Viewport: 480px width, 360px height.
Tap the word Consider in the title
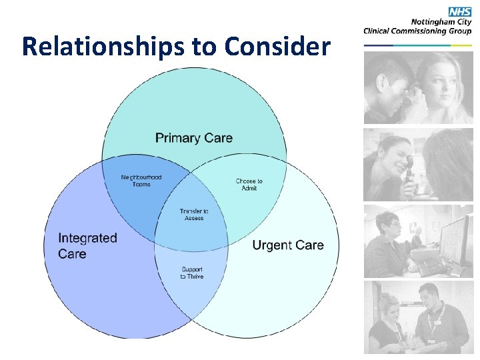coord(277,47)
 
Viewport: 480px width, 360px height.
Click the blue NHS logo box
coord(460,11)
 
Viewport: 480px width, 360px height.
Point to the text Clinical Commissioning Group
coord(417,31)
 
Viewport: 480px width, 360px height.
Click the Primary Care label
coord(194,138)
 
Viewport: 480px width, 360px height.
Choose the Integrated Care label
coord(87,245)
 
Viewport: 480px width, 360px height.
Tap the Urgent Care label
coord(288,245)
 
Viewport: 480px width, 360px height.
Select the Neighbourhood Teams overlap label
coord(141,181)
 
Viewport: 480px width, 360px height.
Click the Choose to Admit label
coord(249,185)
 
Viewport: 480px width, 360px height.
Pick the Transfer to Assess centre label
coord(193,215)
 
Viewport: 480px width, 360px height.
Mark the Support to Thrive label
coord(192,273)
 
